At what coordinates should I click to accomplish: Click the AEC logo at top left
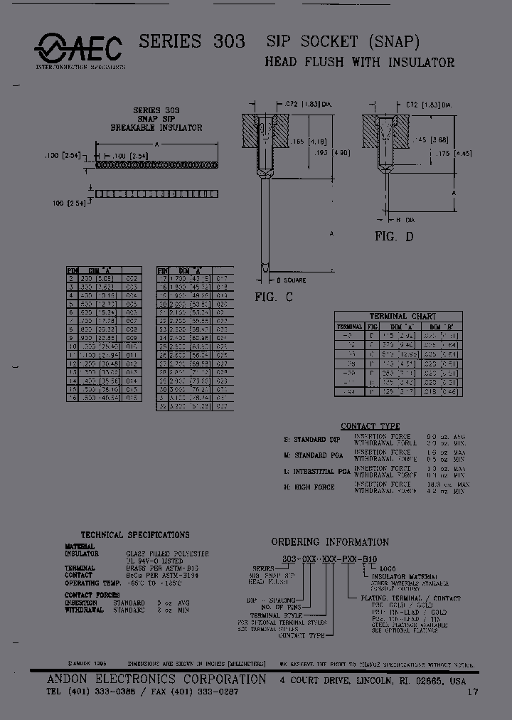78,48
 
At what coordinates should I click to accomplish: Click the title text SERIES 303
192,42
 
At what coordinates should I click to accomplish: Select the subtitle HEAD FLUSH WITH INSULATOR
359,63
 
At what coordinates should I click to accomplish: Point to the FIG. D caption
394,236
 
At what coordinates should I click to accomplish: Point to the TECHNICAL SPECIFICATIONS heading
135,534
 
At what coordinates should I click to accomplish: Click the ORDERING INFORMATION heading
330,542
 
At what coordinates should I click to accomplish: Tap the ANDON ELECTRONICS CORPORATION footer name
149,679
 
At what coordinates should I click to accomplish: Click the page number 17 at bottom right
474,692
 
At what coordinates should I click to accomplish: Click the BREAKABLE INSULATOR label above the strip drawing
156,128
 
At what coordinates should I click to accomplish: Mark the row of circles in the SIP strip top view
157,165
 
